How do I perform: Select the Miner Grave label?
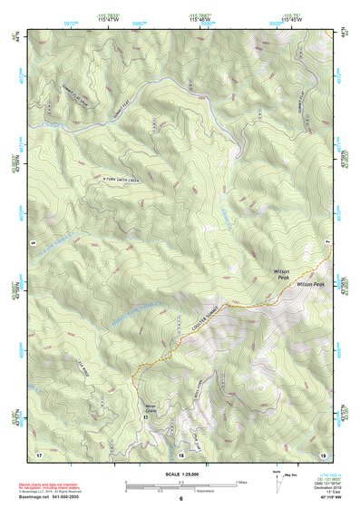point(151,410)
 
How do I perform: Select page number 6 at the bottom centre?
point(180,499)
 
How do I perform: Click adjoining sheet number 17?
point(39,452)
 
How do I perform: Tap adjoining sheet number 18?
point(180,452)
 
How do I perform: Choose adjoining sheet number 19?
point(321,452)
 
